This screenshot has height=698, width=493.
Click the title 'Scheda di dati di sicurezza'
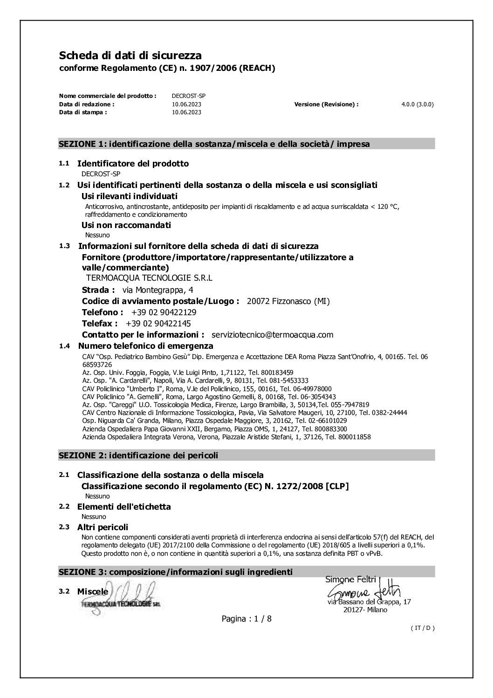tap(130, 56)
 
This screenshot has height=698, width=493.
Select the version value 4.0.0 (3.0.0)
tap(417, 104)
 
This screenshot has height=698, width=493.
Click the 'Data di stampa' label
tap(83, 112)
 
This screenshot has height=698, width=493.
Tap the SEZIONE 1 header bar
tap(246, 144)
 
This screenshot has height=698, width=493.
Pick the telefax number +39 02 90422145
tap(158, 324)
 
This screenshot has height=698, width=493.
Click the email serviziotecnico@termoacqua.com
tap(272, 335)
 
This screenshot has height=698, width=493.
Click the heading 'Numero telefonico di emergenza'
tap(145, 346)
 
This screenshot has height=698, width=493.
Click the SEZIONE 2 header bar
tap(246, 455)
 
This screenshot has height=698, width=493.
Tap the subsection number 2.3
tap(64, 527)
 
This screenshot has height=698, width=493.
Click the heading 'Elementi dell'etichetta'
tap(123, 506)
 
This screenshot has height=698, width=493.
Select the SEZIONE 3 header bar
tap(246, 572)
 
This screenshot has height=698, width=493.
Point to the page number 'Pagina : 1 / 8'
tap(246, 619)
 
